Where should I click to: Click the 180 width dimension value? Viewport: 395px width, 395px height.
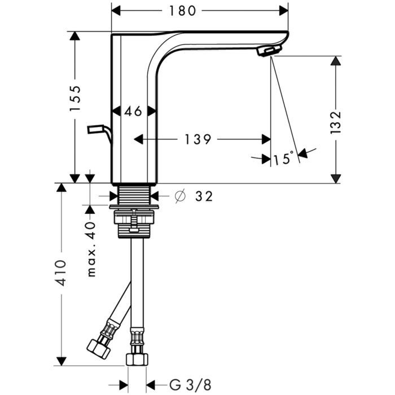click(x=182, y=11)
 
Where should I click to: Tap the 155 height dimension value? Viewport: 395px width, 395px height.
click(x=75, y=98)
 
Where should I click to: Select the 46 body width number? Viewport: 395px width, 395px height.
click(x=133, y=111)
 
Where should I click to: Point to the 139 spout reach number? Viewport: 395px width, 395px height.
click(x=197, y=139)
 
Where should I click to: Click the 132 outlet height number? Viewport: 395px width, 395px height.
click(x=336, y=122)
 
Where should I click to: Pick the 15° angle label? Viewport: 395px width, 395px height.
click(x=283, y=158)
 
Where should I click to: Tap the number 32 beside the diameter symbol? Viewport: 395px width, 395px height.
click(x=204, y=196)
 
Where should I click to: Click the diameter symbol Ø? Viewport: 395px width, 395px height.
click(x=181, y=196)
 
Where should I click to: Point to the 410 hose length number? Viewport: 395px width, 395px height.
click(x=62, y=273)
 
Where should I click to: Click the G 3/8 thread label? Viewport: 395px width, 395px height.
click(x=190, y=385)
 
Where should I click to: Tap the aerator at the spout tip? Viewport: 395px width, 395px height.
click(x=269, y=50)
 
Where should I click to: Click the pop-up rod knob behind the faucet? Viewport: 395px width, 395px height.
click(x=95, y=129)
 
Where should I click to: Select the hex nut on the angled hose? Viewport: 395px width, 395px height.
click(x=99, y=349)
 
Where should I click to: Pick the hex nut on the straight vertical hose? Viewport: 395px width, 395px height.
click(x=137, y=359)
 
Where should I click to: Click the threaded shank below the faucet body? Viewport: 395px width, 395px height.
click(x=134, y=195)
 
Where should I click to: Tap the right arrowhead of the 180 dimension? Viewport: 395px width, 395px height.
click(x=283, y=11)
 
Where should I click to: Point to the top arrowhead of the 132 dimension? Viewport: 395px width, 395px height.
click(x=336, y=61)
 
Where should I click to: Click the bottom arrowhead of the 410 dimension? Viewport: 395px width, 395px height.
click(x=62, y=361)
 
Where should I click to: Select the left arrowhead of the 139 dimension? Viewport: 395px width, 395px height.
click(x=139, y=139)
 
